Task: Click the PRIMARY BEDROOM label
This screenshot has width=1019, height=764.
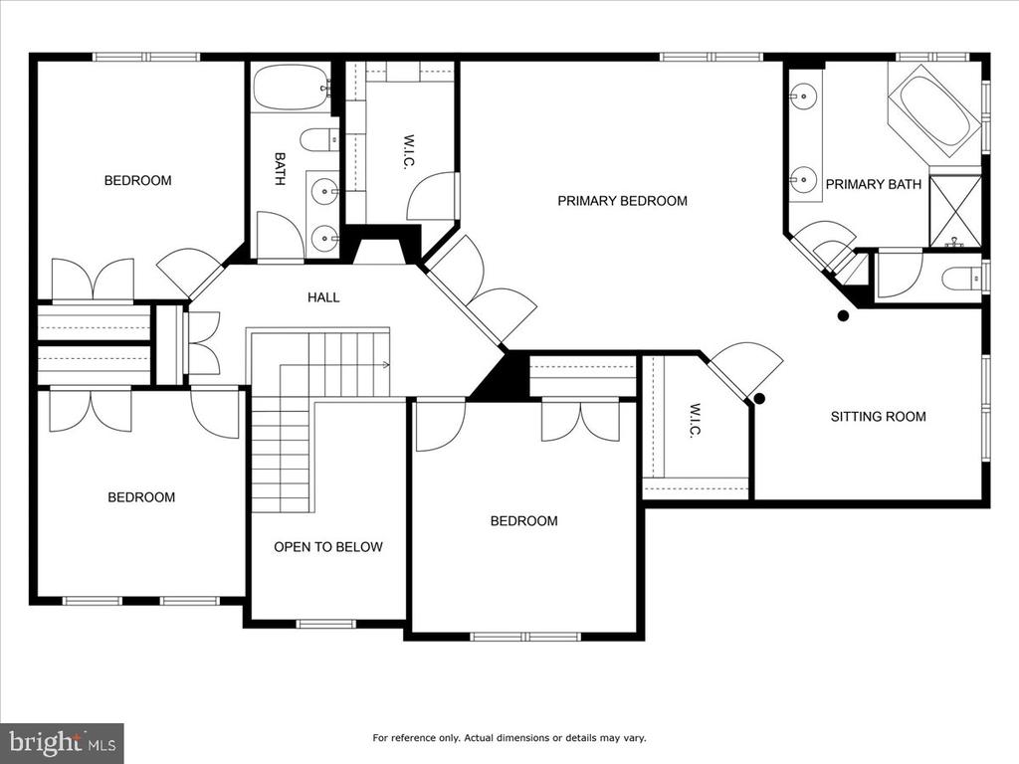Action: coord(622,201)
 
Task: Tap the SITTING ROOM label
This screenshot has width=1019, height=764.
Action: coord(878,417)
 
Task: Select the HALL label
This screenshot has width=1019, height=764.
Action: coord(323,297)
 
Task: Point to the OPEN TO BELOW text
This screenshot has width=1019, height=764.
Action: coord(328,547)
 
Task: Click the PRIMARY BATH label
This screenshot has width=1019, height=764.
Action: coord(874,184)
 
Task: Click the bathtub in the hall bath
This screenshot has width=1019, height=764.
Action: coord(291,88)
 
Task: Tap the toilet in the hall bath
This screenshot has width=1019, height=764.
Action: coord(319,139)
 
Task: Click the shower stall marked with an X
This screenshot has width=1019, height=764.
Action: coord(955,211)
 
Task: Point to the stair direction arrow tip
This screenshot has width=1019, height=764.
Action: coord(389,365)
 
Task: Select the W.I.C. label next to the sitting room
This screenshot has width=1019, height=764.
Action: coord(696,421)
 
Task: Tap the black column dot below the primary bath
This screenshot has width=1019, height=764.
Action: coord(843,316)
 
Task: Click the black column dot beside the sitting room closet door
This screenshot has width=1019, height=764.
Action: coord(758,398)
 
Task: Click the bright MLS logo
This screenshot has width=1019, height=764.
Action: coord(63,741)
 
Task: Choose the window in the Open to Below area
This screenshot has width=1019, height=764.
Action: coord(326,624)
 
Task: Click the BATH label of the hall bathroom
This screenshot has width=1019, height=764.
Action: coord(280,169)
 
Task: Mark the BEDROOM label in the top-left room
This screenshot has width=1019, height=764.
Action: coord(137,181)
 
